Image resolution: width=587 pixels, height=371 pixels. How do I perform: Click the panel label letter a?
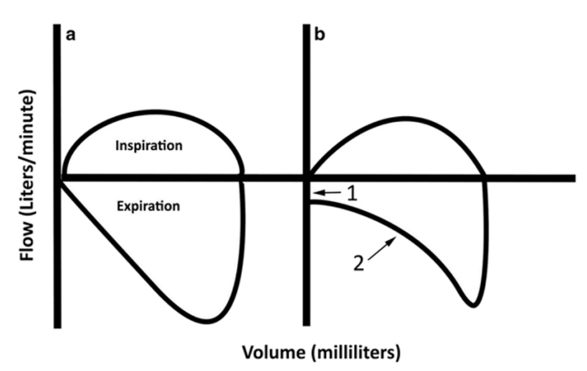(x=70, y=35)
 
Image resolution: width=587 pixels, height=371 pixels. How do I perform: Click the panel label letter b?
(x=320, y=34)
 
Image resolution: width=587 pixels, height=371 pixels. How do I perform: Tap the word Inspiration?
(x=149, y=145)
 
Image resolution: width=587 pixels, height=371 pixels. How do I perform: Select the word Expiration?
(x=148, y=206)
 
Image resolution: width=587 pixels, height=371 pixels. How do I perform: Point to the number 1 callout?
(x=352, y=194)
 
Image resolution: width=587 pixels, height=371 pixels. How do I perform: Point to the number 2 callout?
(x=359, y=263)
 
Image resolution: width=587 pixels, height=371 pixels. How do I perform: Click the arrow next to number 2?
(x=382, y=248)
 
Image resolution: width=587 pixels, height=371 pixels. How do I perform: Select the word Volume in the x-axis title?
(x=274, y=352)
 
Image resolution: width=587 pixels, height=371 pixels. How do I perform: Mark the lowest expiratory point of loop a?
(x=206, y=321)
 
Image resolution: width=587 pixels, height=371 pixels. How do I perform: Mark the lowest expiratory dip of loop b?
(x=473, y=305)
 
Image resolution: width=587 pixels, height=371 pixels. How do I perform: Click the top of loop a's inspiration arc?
(x=156, y=112)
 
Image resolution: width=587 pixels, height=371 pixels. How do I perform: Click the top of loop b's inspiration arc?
(x=405, y=119)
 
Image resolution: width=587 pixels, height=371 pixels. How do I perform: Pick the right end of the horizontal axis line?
(x=574, y=178)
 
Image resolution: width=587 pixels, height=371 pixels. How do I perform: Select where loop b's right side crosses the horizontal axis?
(x=485, y=178)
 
